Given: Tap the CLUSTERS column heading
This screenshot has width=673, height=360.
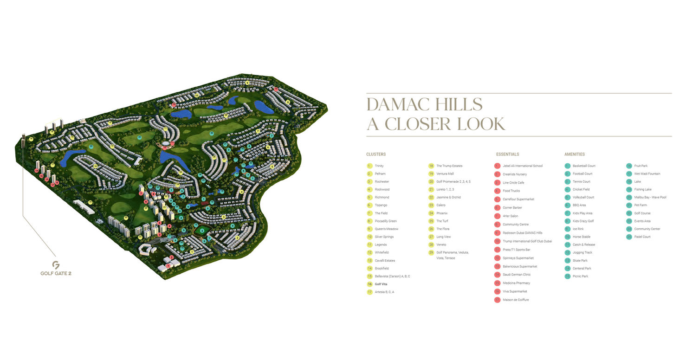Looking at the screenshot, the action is coord(375,154).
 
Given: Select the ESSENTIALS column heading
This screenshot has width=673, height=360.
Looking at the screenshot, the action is coord(507,154).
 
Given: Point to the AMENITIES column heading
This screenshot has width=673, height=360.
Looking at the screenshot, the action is coord(574,154).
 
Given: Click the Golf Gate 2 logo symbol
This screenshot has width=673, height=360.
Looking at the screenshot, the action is coord(56,265).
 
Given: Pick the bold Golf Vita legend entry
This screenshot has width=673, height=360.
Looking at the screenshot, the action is coord(382,284).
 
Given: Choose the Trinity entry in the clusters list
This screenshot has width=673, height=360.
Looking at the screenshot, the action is coord(379,166).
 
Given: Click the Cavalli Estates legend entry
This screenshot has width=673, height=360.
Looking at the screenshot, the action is coord(385,261).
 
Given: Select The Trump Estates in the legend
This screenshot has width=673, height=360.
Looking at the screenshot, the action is coord(449,166).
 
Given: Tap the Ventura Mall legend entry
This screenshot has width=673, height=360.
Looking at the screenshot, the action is coord(445,174).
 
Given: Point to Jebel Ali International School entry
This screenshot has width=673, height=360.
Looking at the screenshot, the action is coord(522,166).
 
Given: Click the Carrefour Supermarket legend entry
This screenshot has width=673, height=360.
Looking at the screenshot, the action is coord(518,199).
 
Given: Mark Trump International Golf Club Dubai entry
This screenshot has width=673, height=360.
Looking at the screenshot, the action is coord(527,241).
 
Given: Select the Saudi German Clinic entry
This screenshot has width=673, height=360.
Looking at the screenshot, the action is coord(516,275).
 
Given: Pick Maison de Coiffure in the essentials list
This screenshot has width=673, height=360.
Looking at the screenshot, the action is coord(515,300).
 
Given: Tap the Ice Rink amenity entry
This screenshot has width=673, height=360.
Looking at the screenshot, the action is coord(578,229).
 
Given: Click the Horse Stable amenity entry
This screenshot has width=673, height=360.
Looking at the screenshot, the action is coord(581,237).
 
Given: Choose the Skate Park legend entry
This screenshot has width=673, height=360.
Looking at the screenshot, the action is coord(580,261).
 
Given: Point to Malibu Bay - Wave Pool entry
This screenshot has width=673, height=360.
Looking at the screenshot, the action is coord(650,198).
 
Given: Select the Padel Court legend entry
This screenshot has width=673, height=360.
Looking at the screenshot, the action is coord(642,237).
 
